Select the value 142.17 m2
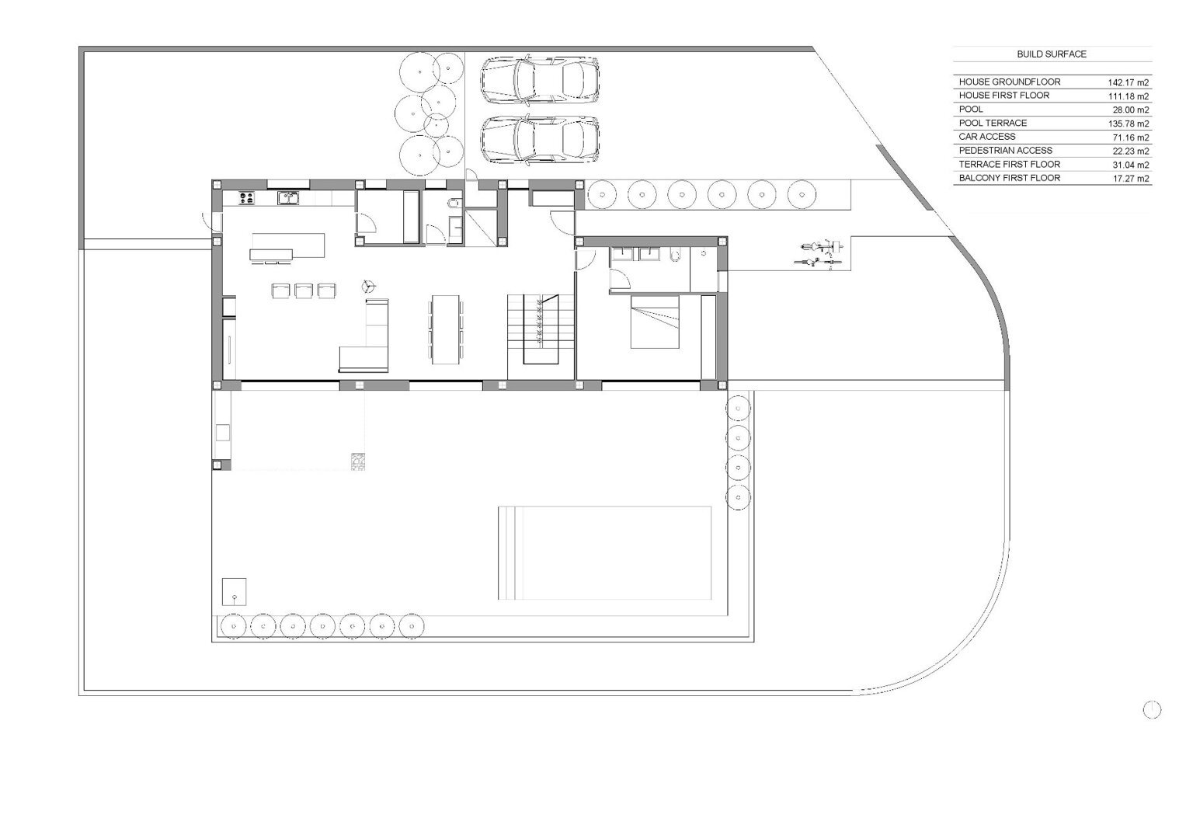click(1129, 82)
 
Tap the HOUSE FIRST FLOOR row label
click(1003, 96)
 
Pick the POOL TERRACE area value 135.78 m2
click(1129, 124)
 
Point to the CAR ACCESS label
click(987, 137)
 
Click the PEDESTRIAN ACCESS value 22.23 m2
click(1130, 151)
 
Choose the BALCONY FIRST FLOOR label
click(1010, 178)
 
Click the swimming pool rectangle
click(604, 553)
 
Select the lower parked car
click(541, 139)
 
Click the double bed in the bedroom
click(655, 322)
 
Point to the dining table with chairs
click(445, 329)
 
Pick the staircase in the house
click(541, 329)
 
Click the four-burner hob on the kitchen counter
click(247, 198)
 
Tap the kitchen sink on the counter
click(288, 198)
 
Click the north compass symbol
click(1152, 710)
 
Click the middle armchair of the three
click(304, 291)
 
